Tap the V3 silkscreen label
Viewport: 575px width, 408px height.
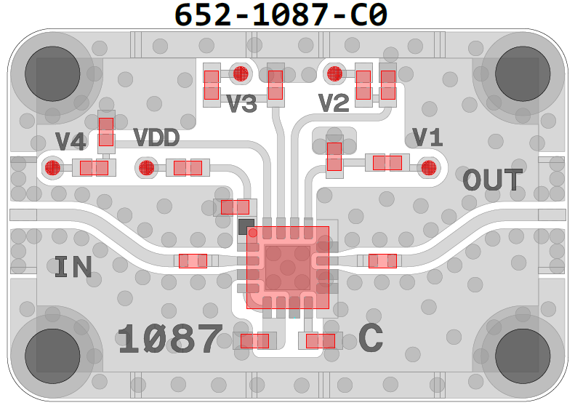(241, 104)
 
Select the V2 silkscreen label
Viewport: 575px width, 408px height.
(334, 104)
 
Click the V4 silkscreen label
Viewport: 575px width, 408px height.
(71, 141)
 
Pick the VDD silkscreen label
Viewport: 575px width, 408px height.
(156, 137)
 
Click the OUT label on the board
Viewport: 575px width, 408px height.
(493, 180)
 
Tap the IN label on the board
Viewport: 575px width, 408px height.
(73, 268)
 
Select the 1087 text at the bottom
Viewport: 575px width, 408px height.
(170, 339)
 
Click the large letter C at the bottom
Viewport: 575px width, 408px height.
(371, 338)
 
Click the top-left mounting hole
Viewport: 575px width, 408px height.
(52, 73)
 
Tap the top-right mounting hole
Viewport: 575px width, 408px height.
(522, 73)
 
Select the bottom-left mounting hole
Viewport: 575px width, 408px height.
(52, 354)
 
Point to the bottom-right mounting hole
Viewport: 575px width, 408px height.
(522, 354)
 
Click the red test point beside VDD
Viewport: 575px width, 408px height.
(146, 168)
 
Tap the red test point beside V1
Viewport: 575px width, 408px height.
(428, 168)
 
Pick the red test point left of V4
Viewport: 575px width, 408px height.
(52, 168)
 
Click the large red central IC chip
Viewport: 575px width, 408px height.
(288, 266)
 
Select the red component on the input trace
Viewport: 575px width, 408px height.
(193, 260)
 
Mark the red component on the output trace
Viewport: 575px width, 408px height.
(382, 260)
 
